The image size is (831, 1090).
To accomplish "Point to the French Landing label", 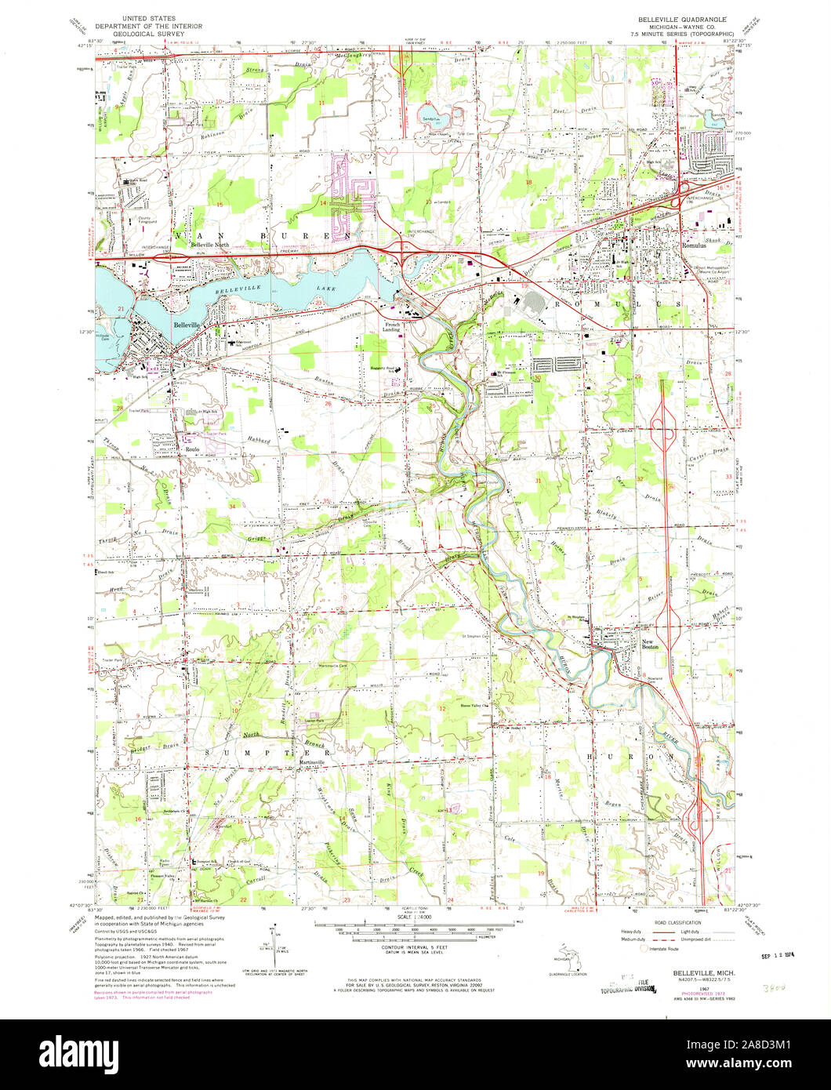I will pos(391,326).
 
